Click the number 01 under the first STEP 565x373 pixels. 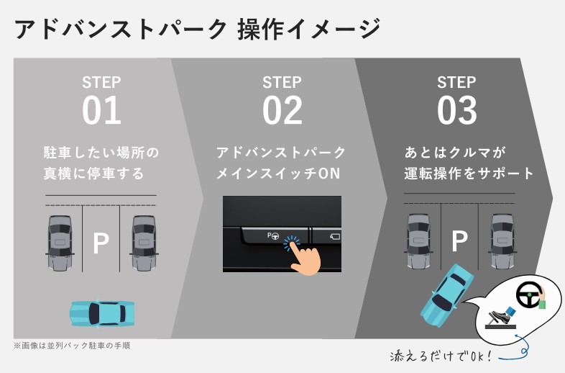pyautogui.click(x=101, y=111)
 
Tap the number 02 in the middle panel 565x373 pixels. pyautogui.click(x=282, y=111)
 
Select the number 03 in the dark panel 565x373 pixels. pyautogui.click(x=456, y=111)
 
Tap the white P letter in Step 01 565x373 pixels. pyautogui.click(x=101, y=244)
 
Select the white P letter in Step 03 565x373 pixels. pyautogui.click(x=459, y=242)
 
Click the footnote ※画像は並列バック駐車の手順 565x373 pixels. pyautogui.click(x=71, y=346)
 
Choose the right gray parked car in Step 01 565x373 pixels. pyautogui.click(x=143, y=242)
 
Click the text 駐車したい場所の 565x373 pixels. pyautogui.click(x=101, y=153)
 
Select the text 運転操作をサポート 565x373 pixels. pyautogui.click(x=468, y=174)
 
